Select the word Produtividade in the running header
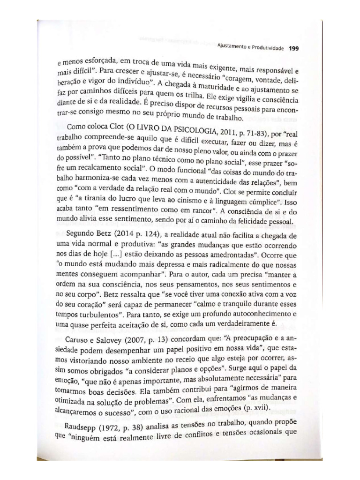coord(269,47)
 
